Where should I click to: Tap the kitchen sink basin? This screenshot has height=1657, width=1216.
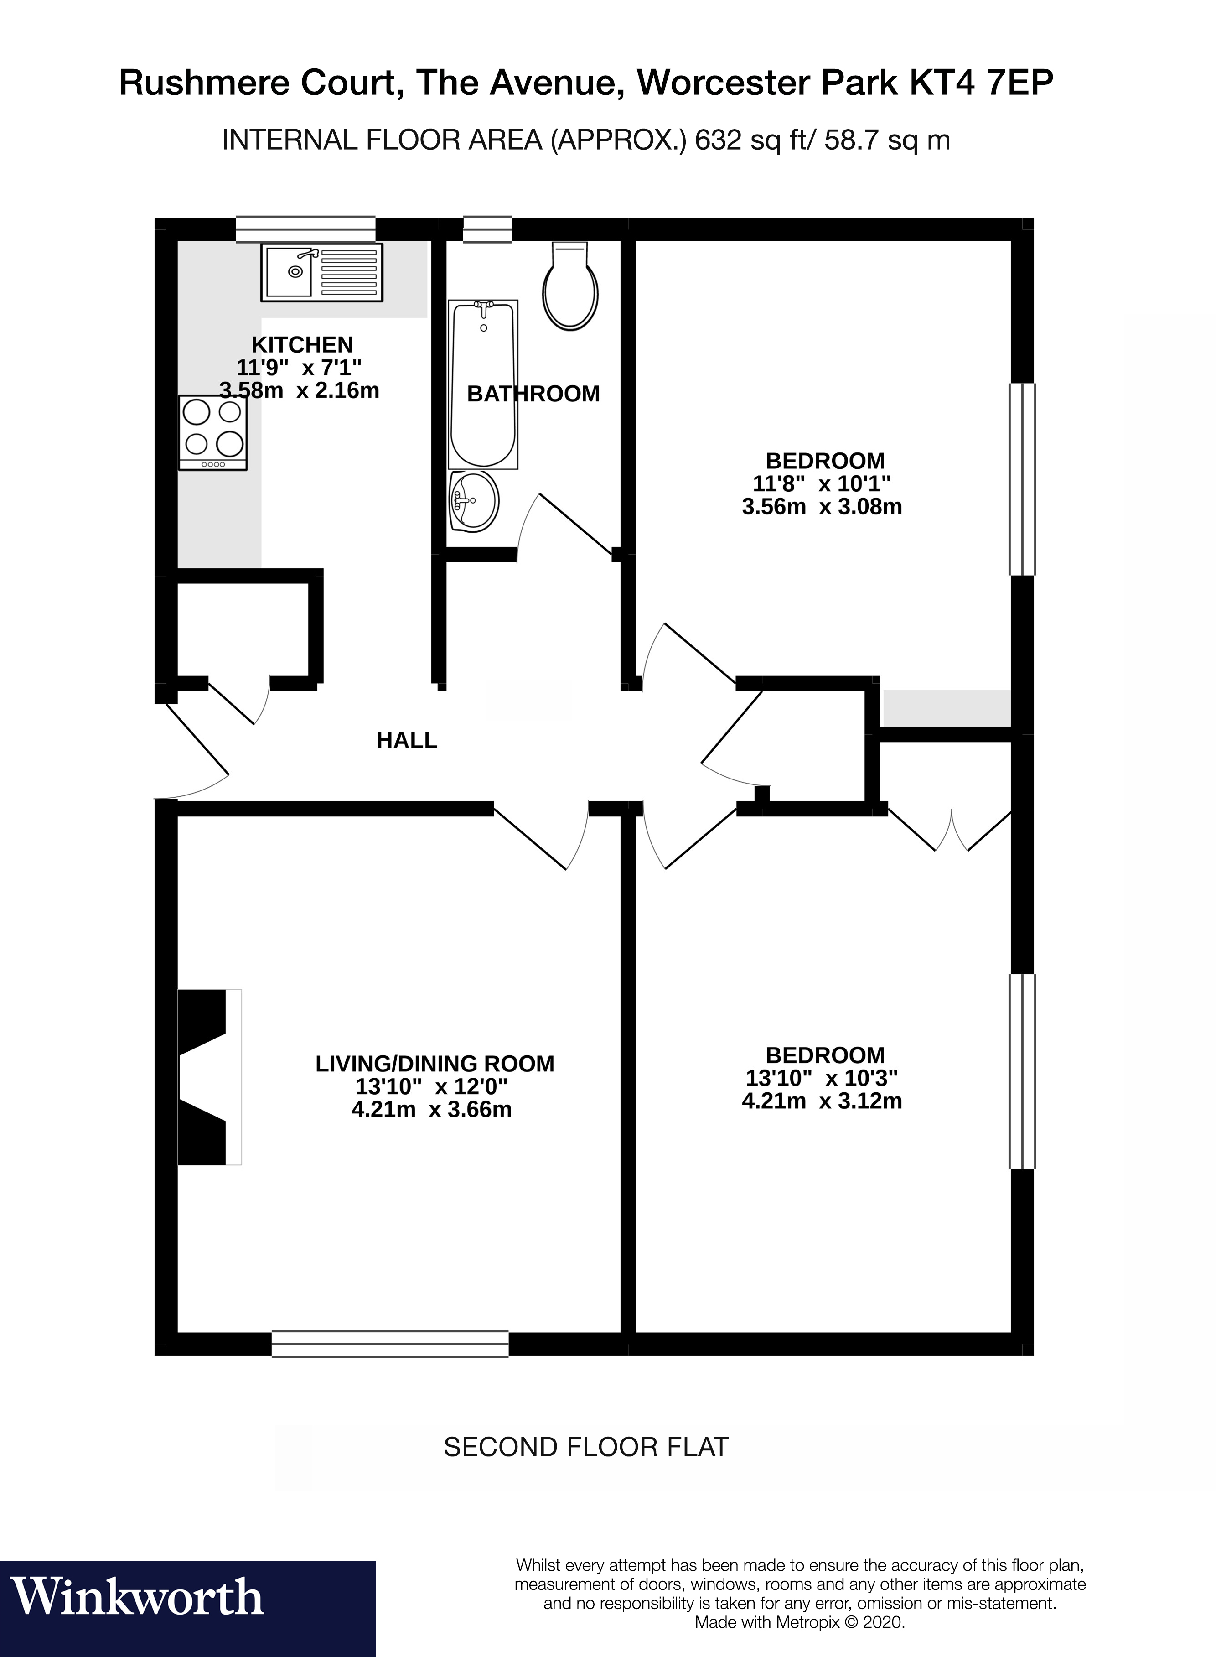[291, 271]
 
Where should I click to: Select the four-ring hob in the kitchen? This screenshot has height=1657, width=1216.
[213, 432]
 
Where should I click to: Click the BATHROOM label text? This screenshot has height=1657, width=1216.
[533, 394]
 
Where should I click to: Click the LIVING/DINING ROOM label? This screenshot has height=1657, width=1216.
[434, 1064]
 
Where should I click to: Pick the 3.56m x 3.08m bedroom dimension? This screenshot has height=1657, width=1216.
[822, 506]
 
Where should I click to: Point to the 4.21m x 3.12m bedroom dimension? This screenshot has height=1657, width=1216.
[822, 1101]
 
